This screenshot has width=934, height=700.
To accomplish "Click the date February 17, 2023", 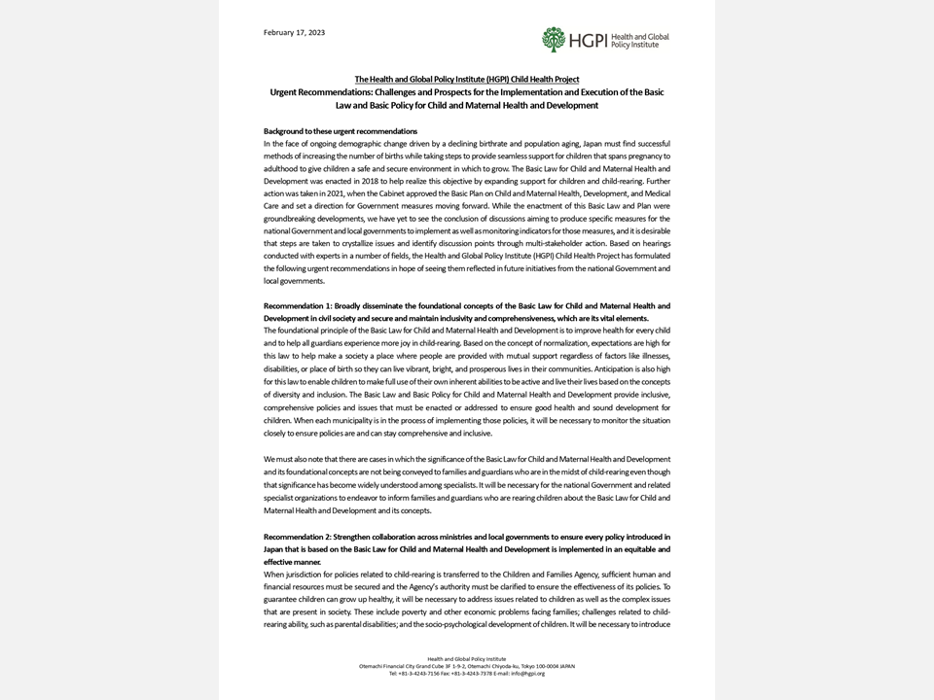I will click(294, 33).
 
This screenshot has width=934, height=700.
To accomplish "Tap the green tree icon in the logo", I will click(554, 39).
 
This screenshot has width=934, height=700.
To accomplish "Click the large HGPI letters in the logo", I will click(587, 40).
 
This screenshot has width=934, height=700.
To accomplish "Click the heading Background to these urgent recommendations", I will click(340, 130).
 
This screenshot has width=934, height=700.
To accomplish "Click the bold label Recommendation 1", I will click(296, 306).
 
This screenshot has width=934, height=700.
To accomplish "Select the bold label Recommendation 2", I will click(296, 537).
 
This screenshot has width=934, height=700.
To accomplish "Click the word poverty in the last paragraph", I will click(349, 612).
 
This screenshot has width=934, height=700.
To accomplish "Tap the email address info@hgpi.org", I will click(526, 673).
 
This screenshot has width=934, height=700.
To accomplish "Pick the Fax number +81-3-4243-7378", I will click(476, 673).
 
